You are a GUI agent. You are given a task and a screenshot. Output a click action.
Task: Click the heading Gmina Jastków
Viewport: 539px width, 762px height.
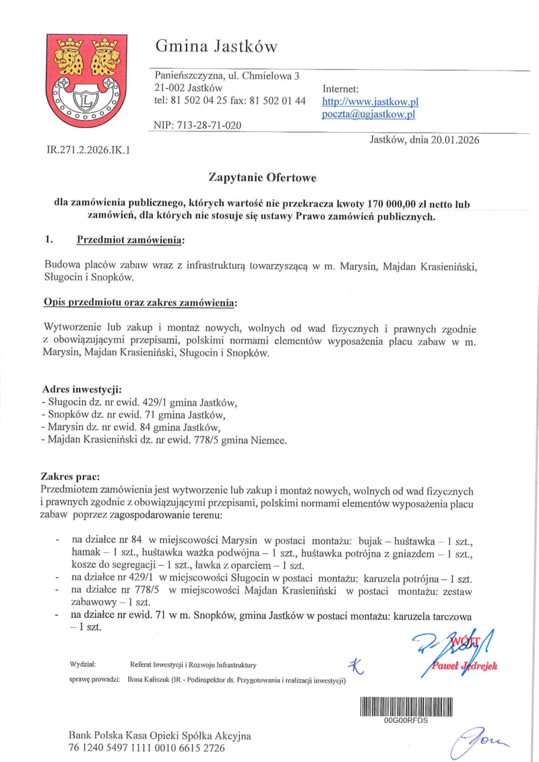point(216,46)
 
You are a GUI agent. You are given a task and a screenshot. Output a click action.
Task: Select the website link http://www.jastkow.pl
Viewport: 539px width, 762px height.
point(371,102)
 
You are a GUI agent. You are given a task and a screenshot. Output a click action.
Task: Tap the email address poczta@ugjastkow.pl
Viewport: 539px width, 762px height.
point(369,115)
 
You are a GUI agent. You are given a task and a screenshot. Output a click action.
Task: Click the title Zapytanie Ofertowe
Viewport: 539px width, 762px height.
point(262,178)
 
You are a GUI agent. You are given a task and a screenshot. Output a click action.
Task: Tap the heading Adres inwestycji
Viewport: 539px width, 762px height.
point(82,389)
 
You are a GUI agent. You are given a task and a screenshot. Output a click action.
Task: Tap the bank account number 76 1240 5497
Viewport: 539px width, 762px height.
point(146,748)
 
